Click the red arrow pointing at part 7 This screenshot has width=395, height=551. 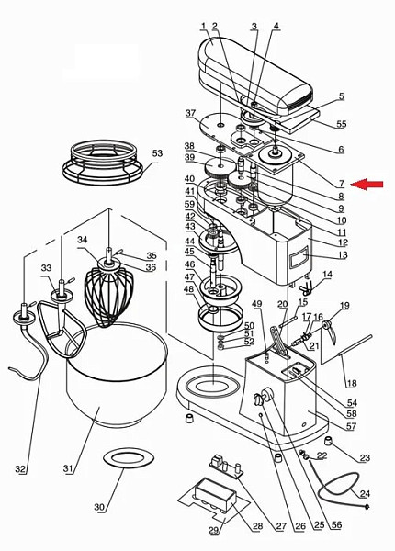tap(367, 184)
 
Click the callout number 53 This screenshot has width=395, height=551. tap(157, 153)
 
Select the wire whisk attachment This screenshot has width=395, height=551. tap(108, 291)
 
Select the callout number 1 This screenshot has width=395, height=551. tap(203, 26)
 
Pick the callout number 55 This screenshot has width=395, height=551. tap(341, 124)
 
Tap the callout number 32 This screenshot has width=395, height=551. tap(20, 468)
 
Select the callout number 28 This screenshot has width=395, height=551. tap(257, 526)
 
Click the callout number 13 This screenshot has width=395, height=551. tap(342, 254)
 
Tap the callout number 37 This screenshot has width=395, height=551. tap(190, 113)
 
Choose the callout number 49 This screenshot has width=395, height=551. tap(257, 304)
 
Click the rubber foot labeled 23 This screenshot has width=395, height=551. tap(328, 441)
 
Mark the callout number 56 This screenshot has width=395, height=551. tap(336, 525)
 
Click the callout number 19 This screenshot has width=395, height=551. tap(344, 306)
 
